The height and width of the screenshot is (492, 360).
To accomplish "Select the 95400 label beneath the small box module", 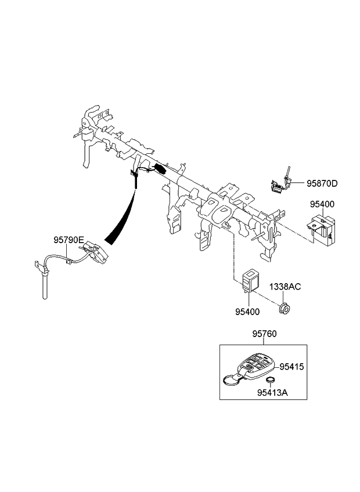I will [x=249, y=312].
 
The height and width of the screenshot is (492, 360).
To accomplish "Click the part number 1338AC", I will [x=284, y=287].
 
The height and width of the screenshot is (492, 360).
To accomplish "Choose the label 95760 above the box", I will [x=264, y=334].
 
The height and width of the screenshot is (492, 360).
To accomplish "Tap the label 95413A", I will [x=273, y=393].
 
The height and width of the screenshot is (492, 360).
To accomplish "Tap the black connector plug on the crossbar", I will [x=161, y=170].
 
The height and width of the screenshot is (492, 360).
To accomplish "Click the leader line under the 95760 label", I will [x=264, y=341].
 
